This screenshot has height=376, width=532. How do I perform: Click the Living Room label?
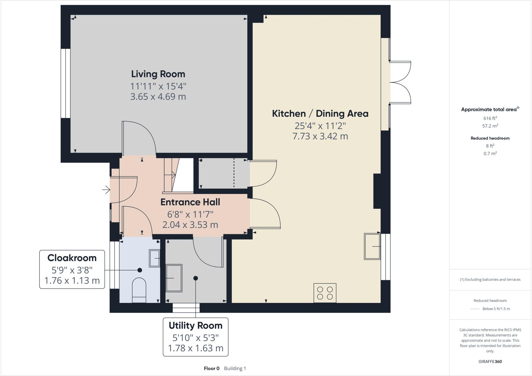click(158, 74)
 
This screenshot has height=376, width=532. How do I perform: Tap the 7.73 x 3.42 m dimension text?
click(320, 136)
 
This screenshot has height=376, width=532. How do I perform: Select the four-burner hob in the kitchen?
click(325, 293)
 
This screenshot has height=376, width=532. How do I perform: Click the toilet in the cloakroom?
click(139, 290)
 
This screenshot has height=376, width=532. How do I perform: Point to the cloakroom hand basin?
click(154, 258)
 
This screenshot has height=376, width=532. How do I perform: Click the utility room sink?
click(174, 278)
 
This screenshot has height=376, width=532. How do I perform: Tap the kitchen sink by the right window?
click(372, 247)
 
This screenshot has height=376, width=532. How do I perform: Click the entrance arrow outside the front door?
click(106, 190)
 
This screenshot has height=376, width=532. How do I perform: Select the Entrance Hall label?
click(190, 202)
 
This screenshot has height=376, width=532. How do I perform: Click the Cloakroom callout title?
click(72, 258)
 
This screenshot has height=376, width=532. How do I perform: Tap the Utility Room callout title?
click(195, 326)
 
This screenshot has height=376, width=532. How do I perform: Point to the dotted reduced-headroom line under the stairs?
click(234, 173)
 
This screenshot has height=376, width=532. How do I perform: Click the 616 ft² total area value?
click(490, 118)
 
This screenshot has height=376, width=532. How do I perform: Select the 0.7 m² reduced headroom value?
click(490, 153)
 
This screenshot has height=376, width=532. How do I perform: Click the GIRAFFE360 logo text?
click(490, 361)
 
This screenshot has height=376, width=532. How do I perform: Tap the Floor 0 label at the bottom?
click(211, 368)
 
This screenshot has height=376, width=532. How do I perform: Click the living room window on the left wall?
click(65, 83)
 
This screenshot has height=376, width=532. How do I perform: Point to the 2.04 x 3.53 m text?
click(190, 225)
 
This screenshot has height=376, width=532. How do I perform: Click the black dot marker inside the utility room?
click(196, 278)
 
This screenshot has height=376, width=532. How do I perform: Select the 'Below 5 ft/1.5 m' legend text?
click(496, 309)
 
